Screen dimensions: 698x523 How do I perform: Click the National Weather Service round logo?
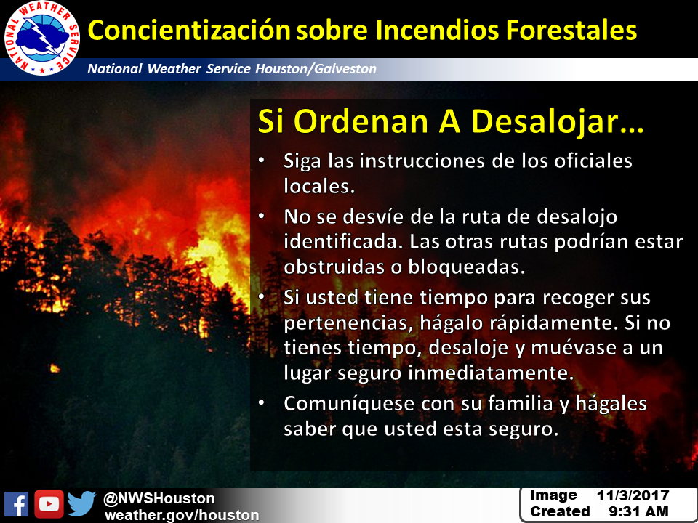pyautogui.click(x=42, y=38)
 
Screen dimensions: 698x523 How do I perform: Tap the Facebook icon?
pyautogui.click(x=17, y=504)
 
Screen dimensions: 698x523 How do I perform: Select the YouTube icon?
pyautogui.click(x=49, y=504)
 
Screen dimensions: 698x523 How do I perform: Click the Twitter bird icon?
pyautogui.click(x=82, y=503)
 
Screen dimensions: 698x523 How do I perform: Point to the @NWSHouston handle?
pyautogui.click(x=159, y=498)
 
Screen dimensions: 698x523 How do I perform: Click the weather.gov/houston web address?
pyautogui.click(x=182, y=515)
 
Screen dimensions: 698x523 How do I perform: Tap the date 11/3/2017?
pyautogui.click(x=633, y=495)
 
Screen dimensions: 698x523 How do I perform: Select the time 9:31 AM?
pyautogui.click(x=638, y=511)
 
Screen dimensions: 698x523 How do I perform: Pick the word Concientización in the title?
pyautogui.click(x=189, y=31)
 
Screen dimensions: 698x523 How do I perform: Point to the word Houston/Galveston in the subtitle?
pyautogui.click(x=316, y=69)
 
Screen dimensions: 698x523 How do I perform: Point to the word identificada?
pyautogui.click(x=342, y=241)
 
